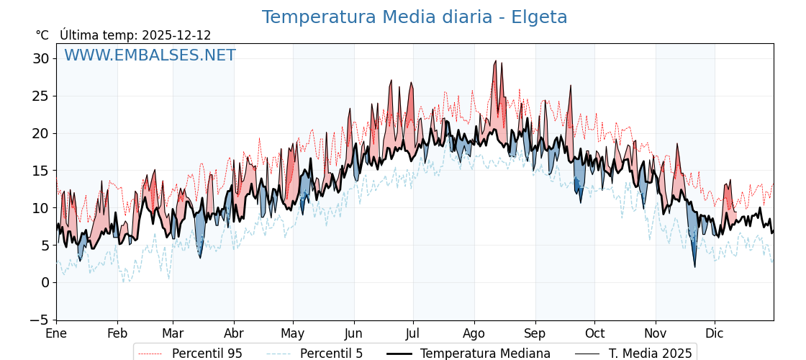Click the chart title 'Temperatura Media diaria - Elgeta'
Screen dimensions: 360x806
(x=415, y=17)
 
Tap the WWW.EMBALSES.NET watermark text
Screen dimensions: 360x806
(x=150, y=55)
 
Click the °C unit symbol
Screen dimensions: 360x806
(x=42, y=35)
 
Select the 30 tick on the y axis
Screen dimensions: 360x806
(x=40, y=58)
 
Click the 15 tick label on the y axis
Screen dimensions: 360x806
(x=40, y=171)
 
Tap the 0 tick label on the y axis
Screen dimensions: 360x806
(x=45, y=282)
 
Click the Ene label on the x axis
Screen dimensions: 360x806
(x=56, y=334)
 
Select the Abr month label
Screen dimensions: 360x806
(x=234, y=334)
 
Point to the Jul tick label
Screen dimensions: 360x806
(x=413, y=334)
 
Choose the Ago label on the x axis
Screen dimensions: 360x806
(x=474, y=334)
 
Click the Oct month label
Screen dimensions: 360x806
(x=594, y=334)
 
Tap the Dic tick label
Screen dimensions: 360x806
(x=715, y=334)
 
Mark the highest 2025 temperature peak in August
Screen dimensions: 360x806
(x=496, y=61)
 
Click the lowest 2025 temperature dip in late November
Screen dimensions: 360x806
(x=695, y=267)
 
